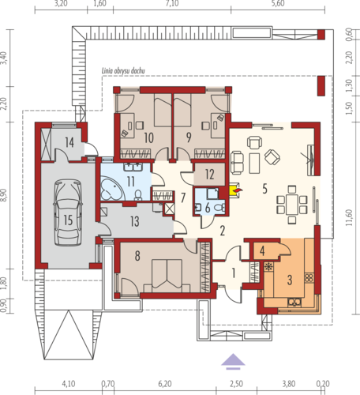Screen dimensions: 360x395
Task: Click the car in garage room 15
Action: click(68, 213)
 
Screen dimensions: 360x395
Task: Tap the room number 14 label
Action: click(69, 142)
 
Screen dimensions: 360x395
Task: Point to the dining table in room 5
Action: click(292, 205)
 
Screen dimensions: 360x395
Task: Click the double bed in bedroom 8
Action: click(167, 276)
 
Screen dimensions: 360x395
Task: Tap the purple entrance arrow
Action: click(233, 361)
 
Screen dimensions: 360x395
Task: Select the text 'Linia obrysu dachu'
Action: click(123, 71)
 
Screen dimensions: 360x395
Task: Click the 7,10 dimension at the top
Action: click(172, 3)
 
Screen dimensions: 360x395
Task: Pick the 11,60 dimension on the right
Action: click(349, 217)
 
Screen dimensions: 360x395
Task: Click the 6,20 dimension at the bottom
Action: click(165, 384)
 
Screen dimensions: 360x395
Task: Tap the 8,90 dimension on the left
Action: click(3, 195)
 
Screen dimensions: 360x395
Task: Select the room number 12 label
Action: click(210, 175)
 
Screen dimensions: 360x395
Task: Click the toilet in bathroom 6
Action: click(219, 208)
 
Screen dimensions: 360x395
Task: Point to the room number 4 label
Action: click(262, 251)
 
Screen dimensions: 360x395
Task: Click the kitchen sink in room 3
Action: click(294, 302)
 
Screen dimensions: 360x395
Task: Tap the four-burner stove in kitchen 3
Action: click(309, 278)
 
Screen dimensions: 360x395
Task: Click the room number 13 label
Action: click(135, 221)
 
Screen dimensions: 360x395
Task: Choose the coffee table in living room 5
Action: click(254, 164)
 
